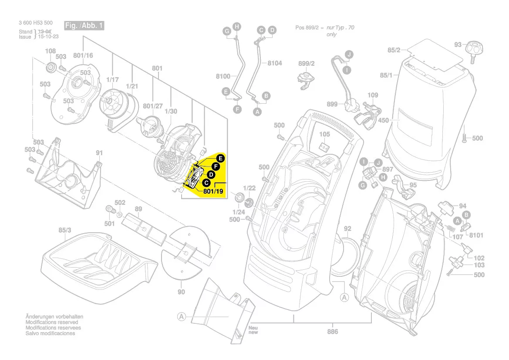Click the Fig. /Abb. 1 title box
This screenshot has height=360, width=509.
84,26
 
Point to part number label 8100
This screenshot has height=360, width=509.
223,77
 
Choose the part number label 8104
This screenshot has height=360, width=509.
274,63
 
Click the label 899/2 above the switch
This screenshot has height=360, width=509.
307,64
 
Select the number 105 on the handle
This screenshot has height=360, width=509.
325,134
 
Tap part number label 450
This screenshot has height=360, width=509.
383,120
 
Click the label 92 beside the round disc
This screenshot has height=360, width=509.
347,228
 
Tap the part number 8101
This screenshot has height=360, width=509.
476,235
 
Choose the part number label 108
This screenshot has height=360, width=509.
51,51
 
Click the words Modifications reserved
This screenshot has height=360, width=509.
52,322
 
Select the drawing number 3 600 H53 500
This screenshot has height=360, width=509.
36,23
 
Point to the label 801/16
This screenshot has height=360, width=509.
83,55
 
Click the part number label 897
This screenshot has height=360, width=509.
388,170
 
